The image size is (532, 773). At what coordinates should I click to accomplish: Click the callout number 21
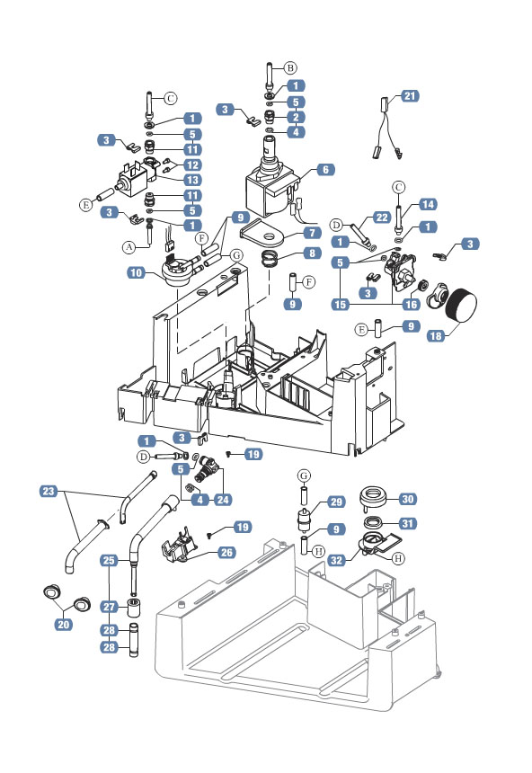click(410, 95)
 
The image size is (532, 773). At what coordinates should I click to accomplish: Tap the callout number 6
click(324, 169)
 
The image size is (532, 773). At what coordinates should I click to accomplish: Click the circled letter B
click(290, 68)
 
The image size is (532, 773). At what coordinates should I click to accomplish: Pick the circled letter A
click(129, 244)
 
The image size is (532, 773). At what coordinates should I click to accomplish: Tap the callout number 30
click(406, 499)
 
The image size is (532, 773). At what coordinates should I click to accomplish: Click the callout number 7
click(312, 234)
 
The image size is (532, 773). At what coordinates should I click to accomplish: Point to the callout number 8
click(312, 253)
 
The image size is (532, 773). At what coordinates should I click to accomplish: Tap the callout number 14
click(428, 204)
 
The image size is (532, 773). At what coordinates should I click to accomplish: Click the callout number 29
click(334, 502)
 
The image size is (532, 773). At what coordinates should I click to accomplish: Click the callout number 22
click(381, 217)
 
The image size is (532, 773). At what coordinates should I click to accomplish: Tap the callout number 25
click(109, 560)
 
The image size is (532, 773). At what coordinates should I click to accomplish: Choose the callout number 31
click(406, 524)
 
